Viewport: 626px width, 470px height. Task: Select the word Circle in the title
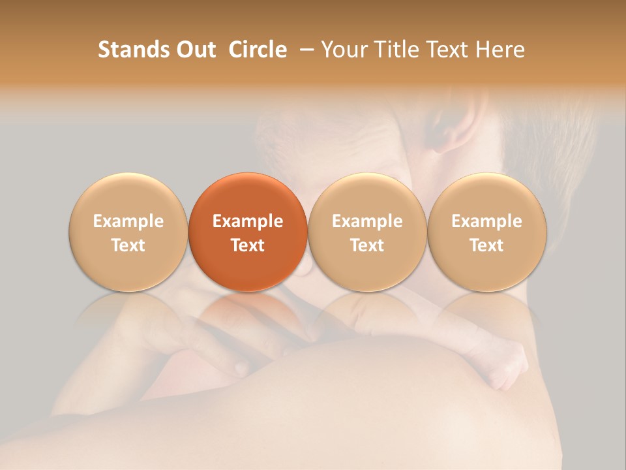258,50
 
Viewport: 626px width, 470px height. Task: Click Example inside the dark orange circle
248,221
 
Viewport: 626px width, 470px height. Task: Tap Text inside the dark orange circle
248,245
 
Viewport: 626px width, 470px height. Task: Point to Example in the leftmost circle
128,221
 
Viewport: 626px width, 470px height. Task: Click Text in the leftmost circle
128,245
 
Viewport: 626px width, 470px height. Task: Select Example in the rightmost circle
487,221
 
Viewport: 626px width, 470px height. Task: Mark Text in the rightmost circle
487,245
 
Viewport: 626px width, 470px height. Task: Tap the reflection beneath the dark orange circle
248,310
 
